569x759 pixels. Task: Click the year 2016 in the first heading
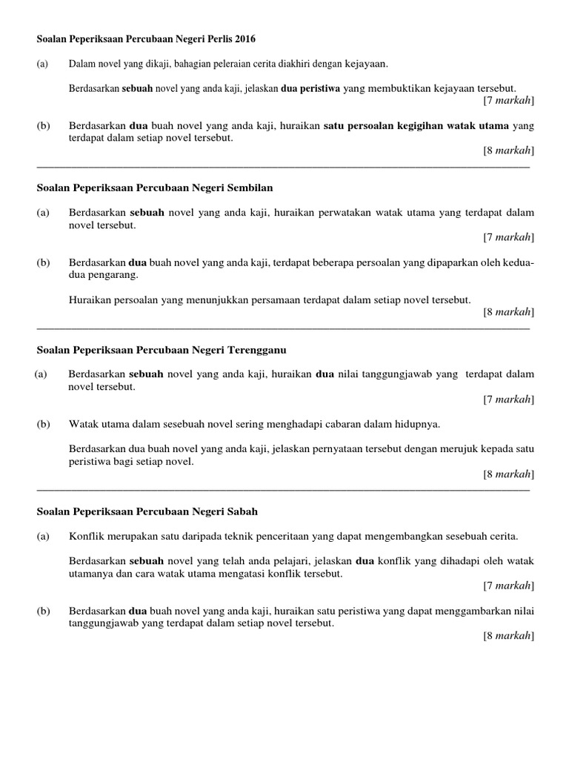point(253,38)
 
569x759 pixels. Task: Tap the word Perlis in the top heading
point(223,38)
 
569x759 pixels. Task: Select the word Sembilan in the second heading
point(253,188)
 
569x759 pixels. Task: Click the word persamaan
point(286,299)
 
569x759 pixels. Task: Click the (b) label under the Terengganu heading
point(44,425)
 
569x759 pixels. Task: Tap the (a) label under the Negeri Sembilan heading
point(44,213)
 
